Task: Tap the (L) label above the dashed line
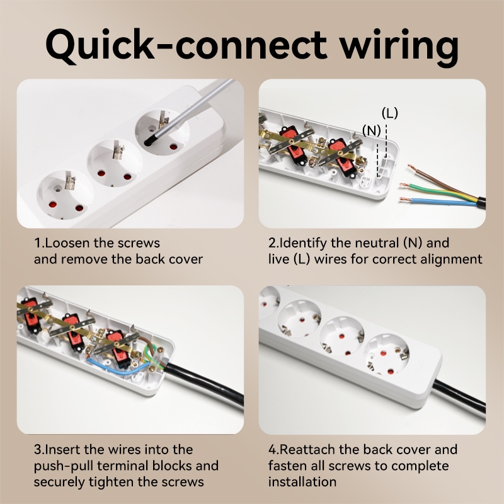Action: pos(390,113)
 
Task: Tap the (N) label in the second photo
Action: pos(372,130)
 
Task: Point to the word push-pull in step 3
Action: pos(61,466)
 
